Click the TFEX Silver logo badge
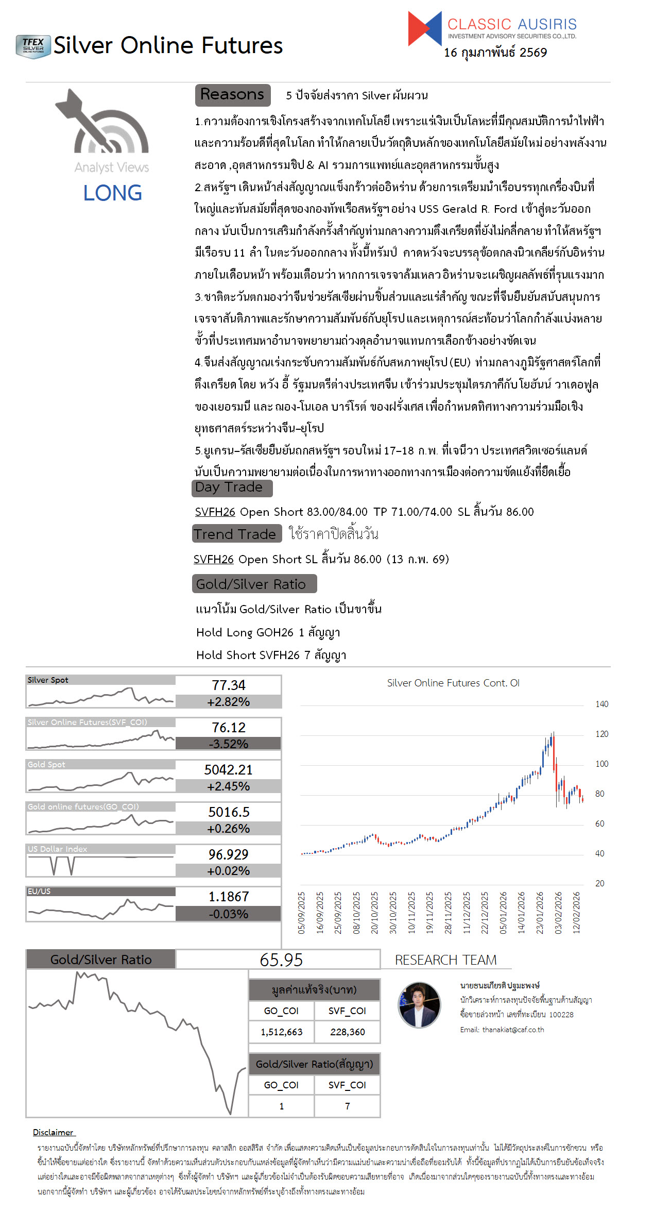coord(33,46)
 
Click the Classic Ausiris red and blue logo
coord(425,28)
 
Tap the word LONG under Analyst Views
coord(112,193)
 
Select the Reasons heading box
coord(233,95)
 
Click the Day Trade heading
coord(232,487)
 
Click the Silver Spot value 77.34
coord(229,685)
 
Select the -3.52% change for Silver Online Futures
coord(229,744)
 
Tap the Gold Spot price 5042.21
coord(229,770)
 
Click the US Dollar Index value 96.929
coord(229,854)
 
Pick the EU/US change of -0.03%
coord(229,914)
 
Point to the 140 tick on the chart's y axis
coord(601,704)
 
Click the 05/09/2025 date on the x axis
coord(302,913)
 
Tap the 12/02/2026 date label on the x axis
coord(577,913)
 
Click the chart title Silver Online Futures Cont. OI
coord(453,683)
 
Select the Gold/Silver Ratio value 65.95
coord(281,960)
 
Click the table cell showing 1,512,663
coord(282,1032)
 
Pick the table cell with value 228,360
coord(348,1032)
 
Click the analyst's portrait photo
coord(419,1005)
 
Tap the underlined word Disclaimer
coord(54,1132)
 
